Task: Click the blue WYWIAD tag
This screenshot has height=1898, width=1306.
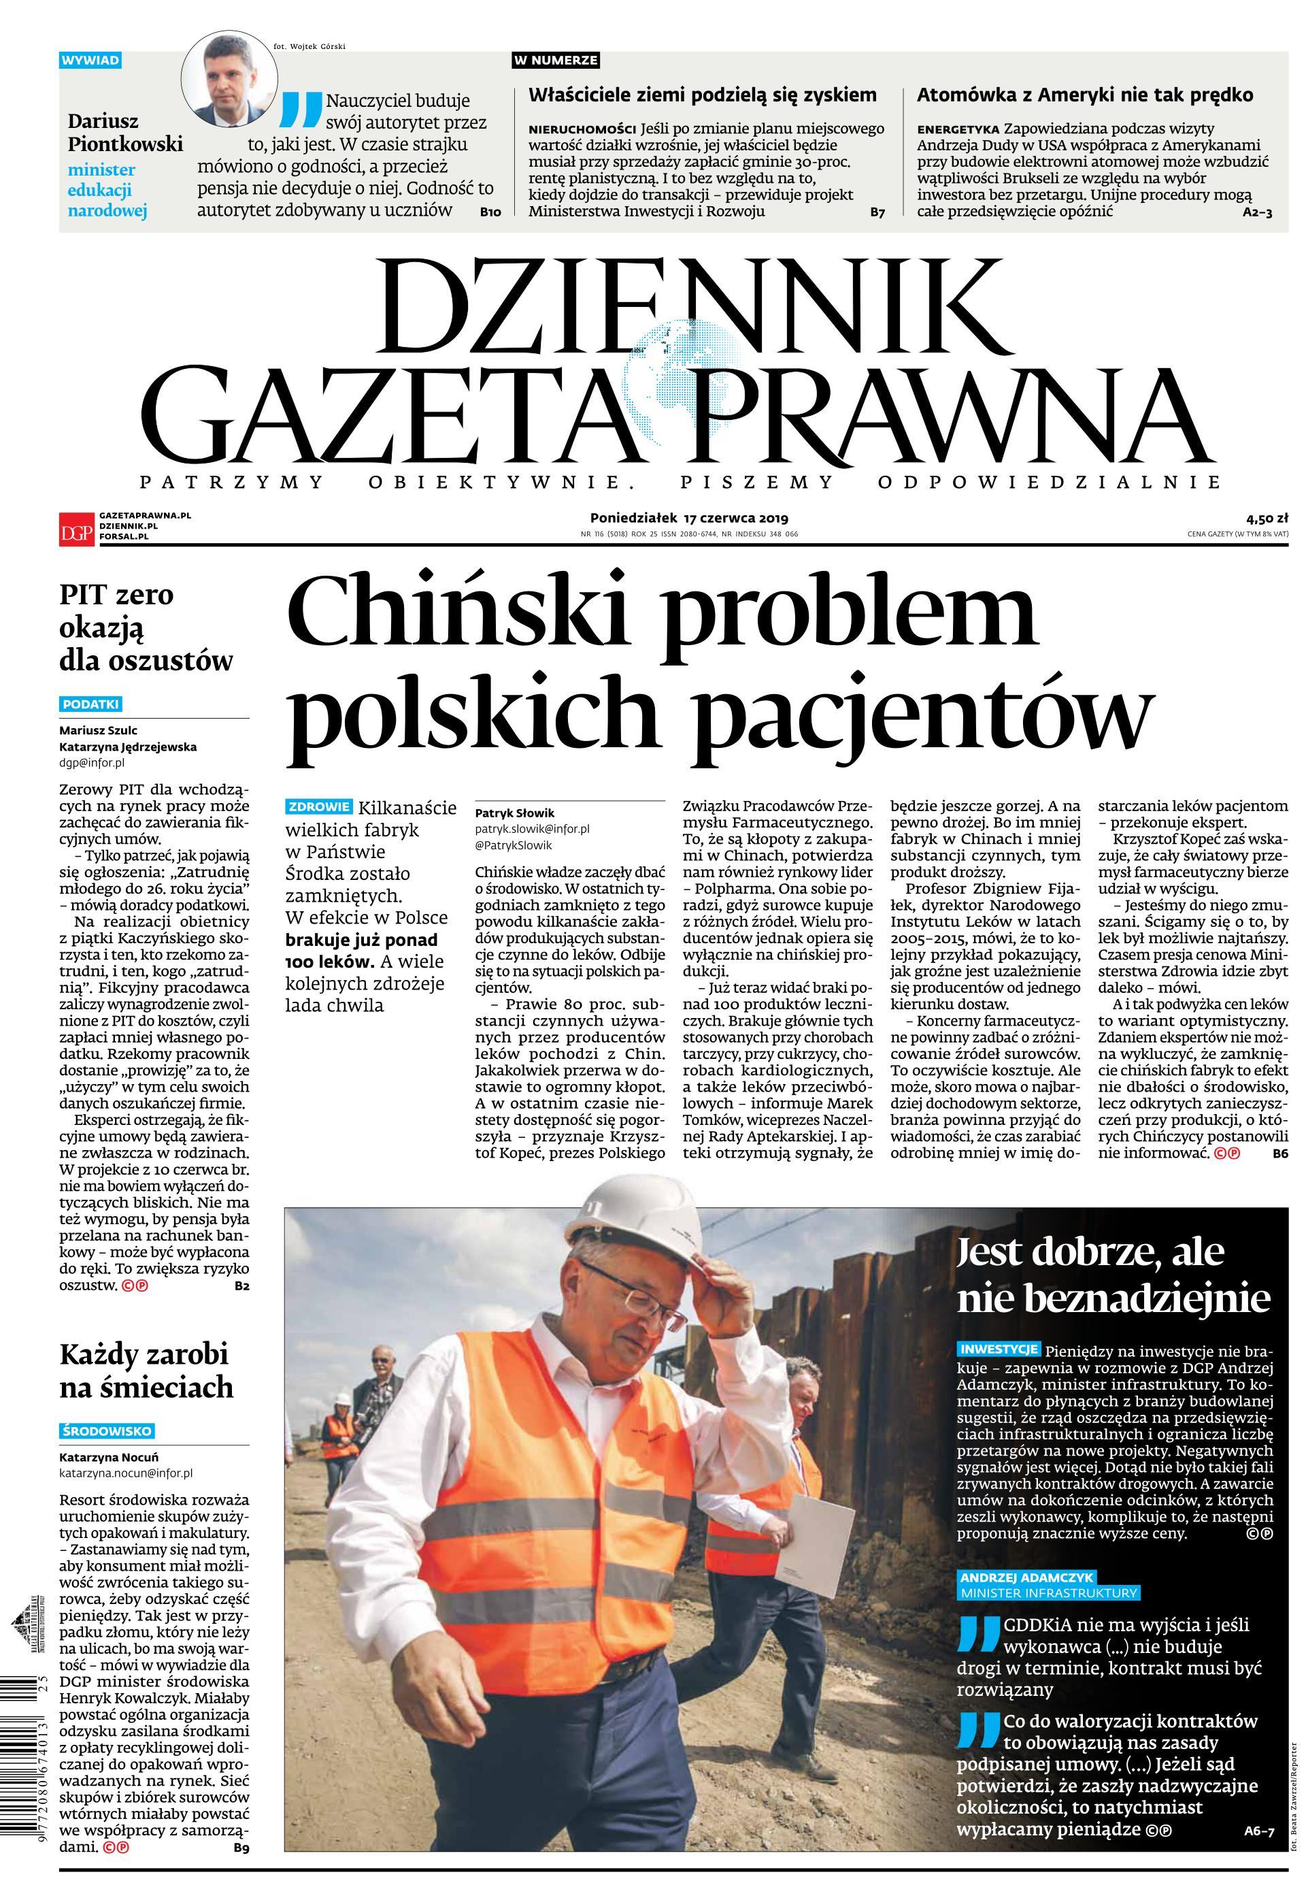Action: tap(91, 60)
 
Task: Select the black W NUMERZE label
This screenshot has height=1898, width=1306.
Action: tap(556, 60)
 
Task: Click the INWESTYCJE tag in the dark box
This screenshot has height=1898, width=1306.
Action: tap(999, 1348)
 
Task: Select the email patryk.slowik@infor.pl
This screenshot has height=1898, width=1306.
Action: tap(532, 828)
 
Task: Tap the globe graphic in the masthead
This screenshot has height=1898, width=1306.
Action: tap(671, 368)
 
